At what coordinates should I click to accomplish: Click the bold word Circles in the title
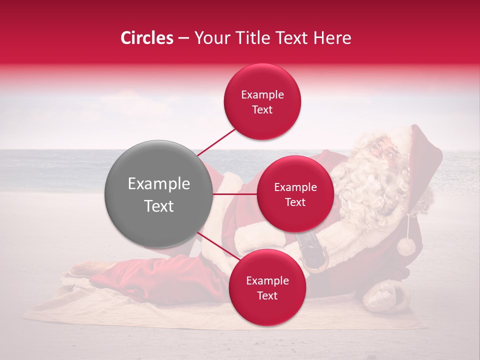146,38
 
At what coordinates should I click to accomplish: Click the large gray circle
158,194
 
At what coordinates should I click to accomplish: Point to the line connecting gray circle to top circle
216,142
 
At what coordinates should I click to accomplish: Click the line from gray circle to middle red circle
234,194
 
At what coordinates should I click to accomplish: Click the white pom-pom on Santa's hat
406,246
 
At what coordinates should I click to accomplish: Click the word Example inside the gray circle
158,184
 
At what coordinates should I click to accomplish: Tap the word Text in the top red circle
262,109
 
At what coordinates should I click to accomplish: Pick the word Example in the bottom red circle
267,280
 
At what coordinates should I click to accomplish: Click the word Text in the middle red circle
295,202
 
